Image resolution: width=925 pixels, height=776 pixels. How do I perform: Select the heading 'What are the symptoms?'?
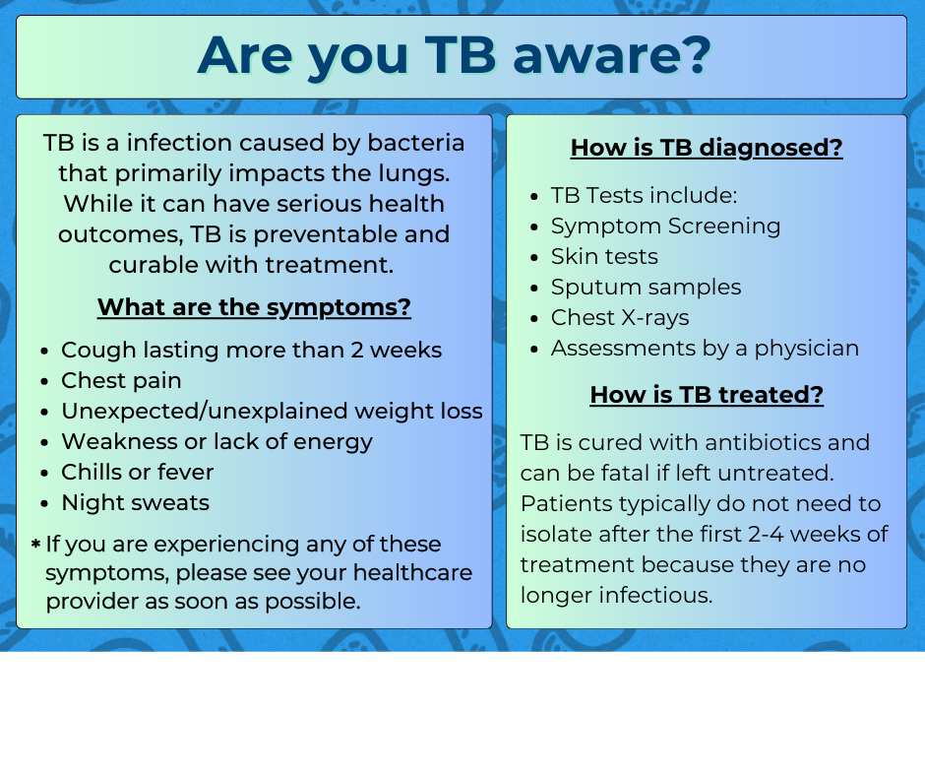tap(254, 307)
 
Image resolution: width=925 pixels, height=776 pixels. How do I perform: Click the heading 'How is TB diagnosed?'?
tap(707, 148)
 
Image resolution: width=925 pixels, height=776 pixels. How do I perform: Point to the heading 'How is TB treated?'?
tap(707, 395)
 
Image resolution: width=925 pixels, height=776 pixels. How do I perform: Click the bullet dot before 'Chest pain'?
tap(45, 382)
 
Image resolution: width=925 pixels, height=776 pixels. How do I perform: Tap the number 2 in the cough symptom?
tap(357, 351)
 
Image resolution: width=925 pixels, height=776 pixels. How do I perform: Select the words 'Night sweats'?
tap(136, 502)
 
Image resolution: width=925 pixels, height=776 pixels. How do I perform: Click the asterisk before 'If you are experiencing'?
tap(36, 544)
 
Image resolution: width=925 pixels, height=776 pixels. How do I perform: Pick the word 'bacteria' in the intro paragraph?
tap(416, 143)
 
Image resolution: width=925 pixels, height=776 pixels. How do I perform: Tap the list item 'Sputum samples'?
tap(646, 288)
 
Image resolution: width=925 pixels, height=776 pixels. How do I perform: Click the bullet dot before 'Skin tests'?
tap(534, 258)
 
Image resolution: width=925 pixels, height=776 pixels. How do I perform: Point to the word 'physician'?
tap(807, 349)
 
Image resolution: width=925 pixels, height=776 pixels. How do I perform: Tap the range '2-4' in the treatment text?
tap(766, 535)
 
